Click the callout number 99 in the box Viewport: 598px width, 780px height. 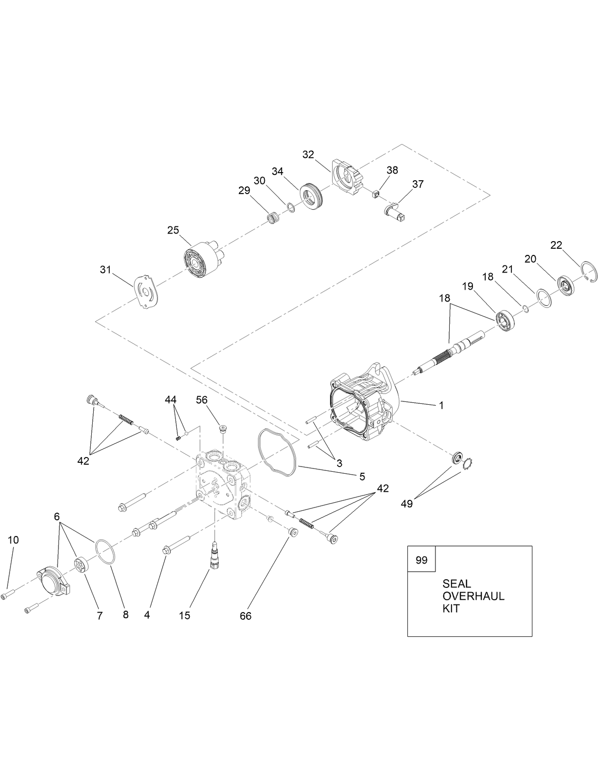(x=421, y=560)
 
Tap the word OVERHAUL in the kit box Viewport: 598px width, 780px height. (x=473, y=596)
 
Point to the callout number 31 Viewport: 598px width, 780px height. (x=105, y=270)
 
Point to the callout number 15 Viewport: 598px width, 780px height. (x=184, y=615)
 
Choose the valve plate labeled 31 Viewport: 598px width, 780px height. (x=146, y=292)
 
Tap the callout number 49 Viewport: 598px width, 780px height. (x=407, y=504)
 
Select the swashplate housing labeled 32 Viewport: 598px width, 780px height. (x=349, y=180)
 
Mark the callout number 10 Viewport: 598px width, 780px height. (x=13, y=540)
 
